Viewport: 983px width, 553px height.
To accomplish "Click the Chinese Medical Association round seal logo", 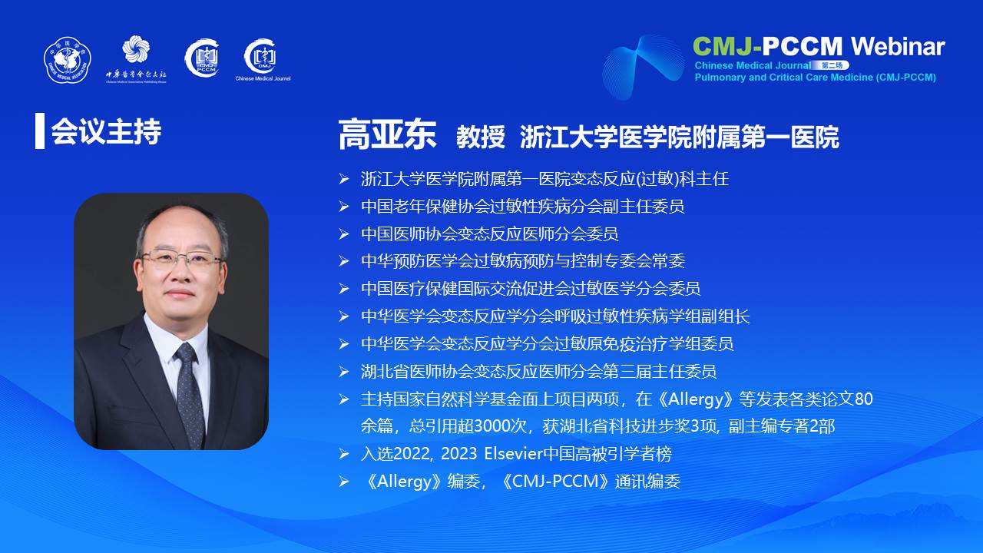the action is point(67,60).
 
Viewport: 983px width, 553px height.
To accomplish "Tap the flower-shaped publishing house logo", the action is point(136,48).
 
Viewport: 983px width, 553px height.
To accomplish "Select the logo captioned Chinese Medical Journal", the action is point(263,60).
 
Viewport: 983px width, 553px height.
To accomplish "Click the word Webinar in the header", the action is point(898,46).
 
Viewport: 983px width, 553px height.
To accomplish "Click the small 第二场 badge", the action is point(832,65).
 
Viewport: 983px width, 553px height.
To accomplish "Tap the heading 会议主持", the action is point(106,131).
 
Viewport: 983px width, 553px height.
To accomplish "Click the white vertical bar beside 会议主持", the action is point(40,131).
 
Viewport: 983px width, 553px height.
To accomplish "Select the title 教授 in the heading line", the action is point(481,137).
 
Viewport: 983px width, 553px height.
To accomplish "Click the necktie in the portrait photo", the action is point(190,392).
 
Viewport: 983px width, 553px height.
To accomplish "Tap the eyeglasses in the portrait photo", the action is point(181,260).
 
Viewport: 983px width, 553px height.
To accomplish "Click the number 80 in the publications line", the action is point(864,399).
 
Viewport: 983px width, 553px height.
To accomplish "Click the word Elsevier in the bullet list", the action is point(513,454).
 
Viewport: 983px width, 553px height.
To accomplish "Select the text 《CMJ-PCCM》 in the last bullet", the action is point(556,482).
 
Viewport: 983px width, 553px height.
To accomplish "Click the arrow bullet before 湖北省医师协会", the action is point(344,372).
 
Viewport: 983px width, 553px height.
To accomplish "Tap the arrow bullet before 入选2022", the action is point(344,454).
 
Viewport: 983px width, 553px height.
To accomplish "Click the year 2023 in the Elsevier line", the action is point(458,454).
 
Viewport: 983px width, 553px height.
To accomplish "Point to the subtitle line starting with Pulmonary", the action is point(815,78).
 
